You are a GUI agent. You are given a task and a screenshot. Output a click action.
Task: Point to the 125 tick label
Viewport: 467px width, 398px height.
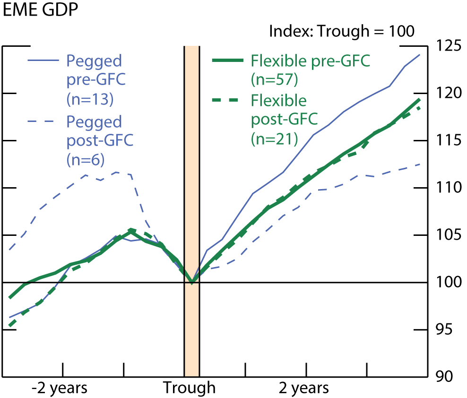[449, 46]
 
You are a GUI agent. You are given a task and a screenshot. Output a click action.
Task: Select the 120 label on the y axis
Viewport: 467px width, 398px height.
[449, 94]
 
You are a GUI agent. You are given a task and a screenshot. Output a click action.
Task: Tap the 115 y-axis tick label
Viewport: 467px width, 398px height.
[449, 141]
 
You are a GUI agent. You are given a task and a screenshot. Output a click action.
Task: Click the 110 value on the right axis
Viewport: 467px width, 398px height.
[449, 188]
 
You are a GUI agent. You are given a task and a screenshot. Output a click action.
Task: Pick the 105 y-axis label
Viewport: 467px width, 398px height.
[449, 235]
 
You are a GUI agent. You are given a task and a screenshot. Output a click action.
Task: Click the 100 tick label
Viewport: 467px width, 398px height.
[449, 282]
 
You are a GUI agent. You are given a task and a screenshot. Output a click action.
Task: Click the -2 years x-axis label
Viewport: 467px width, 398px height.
[60, 389]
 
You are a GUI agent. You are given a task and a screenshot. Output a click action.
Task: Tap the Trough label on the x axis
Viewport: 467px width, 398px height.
[190, 389]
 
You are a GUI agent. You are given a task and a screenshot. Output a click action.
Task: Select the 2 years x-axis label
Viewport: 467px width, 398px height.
[303, 389]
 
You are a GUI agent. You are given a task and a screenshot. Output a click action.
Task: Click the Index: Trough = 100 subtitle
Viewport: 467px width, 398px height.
[341, 32]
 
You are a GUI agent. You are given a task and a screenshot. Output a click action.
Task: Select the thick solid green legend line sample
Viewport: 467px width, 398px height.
[229, 61]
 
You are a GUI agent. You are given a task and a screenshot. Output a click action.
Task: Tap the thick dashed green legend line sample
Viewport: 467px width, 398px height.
[229, 101]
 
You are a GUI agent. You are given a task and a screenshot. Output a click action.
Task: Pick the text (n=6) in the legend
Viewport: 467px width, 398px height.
[86, 160]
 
